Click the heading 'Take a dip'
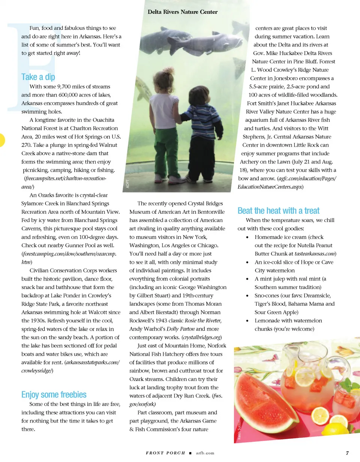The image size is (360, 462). tap(38, 77)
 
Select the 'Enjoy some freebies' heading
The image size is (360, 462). tap(54, 394)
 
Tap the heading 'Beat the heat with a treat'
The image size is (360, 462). tap(279, 211)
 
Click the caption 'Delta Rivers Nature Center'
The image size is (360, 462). tap(182, 12)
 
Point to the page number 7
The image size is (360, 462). tap(348, 453)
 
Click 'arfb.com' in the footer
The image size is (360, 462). tap(205, 453)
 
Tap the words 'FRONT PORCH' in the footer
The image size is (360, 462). tap(165, 453)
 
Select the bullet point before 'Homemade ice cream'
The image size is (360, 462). tap(246, 237)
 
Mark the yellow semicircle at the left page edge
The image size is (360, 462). tap(2, 139)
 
